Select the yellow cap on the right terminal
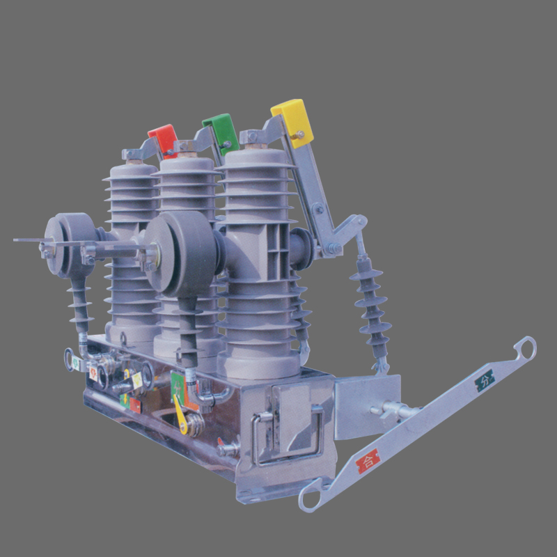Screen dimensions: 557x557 [x=293, y=121]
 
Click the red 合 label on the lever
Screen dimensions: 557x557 [x=368, y=460]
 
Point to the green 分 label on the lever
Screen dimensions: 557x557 [x=485, y=380]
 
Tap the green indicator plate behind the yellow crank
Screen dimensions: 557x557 [x=178, y=384]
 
